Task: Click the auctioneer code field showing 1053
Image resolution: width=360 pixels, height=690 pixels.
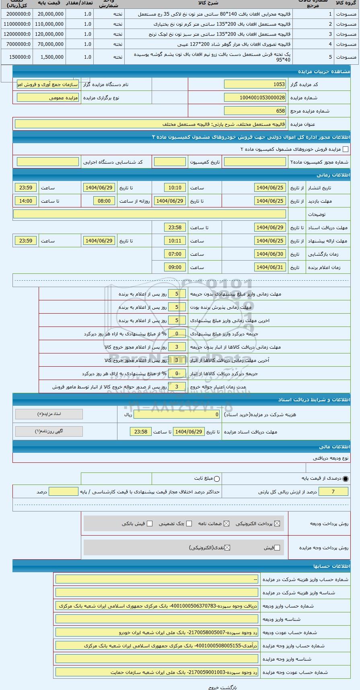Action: pos(255,84)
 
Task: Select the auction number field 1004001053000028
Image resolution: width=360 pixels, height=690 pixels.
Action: pos(255,97)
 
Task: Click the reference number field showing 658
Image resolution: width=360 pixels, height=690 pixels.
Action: pos(255,111)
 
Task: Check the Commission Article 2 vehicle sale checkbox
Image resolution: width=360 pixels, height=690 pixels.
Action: pos(345,149)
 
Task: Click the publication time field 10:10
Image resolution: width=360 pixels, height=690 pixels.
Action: pos(175,187)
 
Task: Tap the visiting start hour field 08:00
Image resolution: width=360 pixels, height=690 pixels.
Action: pos(104,201)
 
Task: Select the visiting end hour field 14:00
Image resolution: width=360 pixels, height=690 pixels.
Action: pos(26,201)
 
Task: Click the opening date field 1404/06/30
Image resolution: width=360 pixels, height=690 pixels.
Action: pos(270,254)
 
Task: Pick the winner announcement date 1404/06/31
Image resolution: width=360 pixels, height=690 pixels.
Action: pos(270,267)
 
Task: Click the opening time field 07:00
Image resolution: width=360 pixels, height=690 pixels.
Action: pos(175,254)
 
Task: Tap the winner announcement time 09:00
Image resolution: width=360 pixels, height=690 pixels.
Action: pos(175,267)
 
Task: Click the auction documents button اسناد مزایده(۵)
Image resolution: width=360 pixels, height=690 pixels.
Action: pos(49,414)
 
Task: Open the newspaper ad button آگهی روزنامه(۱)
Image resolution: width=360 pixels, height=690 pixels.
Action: pos(49,431)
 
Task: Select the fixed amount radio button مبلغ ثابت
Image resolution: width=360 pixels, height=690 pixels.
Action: pos(217,478)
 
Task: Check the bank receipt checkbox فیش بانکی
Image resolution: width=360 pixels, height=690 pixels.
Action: pos(150,524)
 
